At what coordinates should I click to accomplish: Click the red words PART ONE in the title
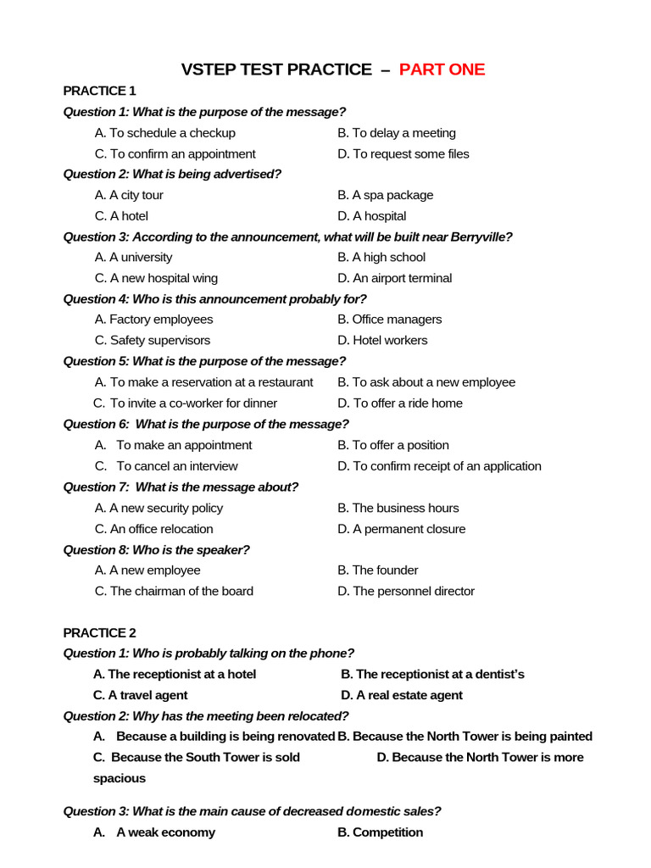coord(442,70)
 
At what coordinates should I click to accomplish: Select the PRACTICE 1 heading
coord(99,91)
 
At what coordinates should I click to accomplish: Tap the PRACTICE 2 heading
coord(99,632)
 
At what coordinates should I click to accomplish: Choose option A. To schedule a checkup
coord(165,133)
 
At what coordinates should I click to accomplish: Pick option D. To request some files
coord(403,154)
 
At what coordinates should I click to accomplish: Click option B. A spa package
coord(385,195)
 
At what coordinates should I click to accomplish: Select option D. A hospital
coord(371,216)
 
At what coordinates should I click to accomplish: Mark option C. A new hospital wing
coord(156,278)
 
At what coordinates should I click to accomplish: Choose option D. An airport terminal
coord(394,278)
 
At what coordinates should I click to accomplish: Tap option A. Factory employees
coord(153,320)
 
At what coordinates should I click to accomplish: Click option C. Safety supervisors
coord(153,341)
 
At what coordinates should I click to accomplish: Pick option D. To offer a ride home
coord(399,403)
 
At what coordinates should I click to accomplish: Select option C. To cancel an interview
coord(166,466)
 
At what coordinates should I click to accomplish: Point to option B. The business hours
coord(398,508)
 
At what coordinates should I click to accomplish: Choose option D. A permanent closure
coord(401,529)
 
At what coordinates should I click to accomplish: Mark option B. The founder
coord(377,570)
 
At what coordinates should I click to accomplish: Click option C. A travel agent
coord(140,695)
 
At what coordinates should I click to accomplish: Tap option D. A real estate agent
coord(402,695)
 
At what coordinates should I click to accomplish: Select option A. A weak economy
coord(154,832)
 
